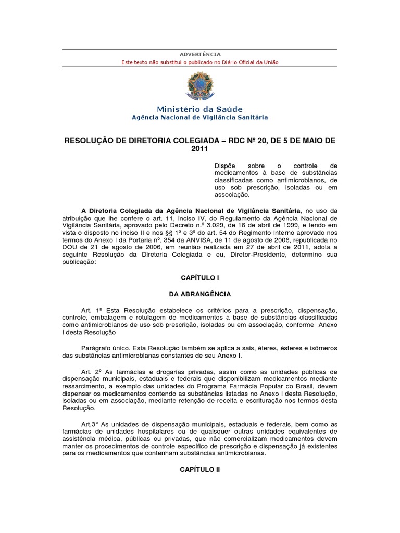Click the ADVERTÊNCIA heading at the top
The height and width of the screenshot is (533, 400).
pyautogui.click(x=200, y=54)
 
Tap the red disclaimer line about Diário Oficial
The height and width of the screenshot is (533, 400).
pyautogui.click(x=200, y=62)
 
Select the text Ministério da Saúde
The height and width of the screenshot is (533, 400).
pyautogui.click(x=200, y=109)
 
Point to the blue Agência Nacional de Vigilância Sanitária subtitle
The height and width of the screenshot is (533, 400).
pyautogui.click(x=200, y=117)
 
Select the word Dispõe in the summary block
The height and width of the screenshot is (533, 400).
pyautogui.click(x=225, y=165)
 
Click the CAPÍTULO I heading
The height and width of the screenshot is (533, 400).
pyautogui.click(x=200, y=278)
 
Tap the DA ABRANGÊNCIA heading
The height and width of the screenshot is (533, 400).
pyautogui.click(x=200, y=294)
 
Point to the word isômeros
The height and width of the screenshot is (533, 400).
pyautogui.click(x=323, y=347)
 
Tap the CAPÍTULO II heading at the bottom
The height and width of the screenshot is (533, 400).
pyautogui.click(x=200, y=469)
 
